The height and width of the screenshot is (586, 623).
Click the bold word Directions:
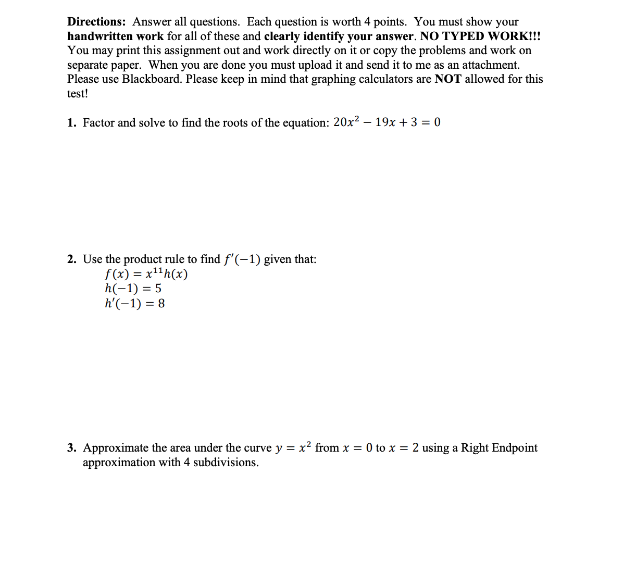[x=96, y=22]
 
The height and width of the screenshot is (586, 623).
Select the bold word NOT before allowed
[x=448, y=79]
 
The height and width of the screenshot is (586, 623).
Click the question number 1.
[x=71, y=123]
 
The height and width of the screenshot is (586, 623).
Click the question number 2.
[x=71, y=259]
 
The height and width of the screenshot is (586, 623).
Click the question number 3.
[x=71, y=448]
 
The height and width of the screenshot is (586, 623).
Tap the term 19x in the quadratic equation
[x=385, y=122]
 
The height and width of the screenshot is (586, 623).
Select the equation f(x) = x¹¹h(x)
[x=146, y=274]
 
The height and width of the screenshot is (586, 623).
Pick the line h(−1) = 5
[x=133, y=289]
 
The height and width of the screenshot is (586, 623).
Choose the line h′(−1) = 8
[x=134, y=303]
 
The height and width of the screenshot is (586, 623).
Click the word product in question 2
[x=143, y=259]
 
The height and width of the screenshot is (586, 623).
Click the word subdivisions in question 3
[x=226, y=463]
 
